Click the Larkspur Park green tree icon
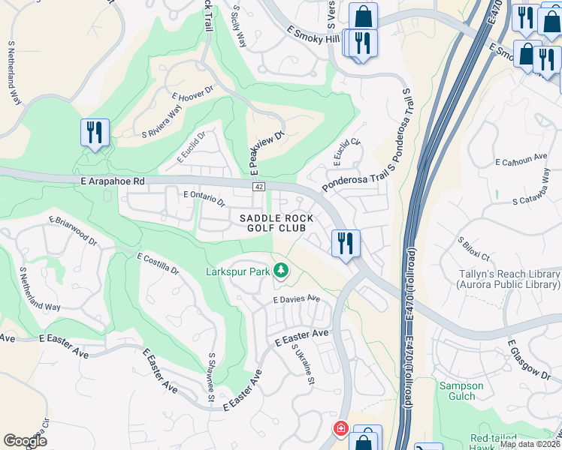pyautogui.click(x=281, y=269)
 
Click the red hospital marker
pyautogui.click(x=340, y=428)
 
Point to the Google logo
pyautogui.click(x=25, y=441)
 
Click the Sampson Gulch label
pyautogui.click(x=461, y=391)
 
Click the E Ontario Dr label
pyautogui.click(x=204, y=198)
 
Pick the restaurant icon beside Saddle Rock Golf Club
pyautogui.click(x=346, y=243)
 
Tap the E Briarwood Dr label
pyautogui.click(x=73, y=231)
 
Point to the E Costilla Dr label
pyautogui.click(x=158, y=264)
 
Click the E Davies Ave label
pyautogui.click(x=296, y=298)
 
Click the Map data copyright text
pyautogui.click(x=530, y=444)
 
